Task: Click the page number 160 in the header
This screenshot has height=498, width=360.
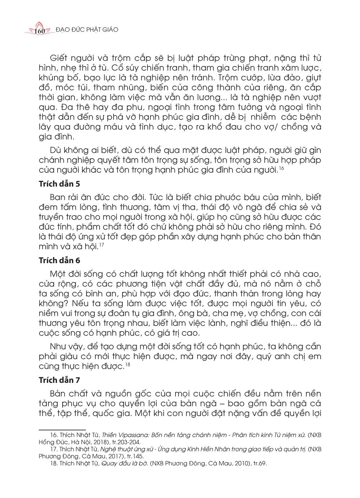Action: [39, 31]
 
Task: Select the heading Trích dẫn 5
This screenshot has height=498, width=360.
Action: [59, 184]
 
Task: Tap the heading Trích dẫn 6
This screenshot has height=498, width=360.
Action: [59, 261]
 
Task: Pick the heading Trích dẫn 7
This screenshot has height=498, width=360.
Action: [59, 380]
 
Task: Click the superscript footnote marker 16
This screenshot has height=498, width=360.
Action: [282, 168]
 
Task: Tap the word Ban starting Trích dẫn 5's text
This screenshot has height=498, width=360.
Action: [58, 197]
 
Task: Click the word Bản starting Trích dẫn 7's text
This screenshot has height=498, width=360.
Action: [58, 394]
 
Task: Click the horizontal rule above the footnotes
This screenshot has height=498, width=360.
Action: [62, 430]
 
